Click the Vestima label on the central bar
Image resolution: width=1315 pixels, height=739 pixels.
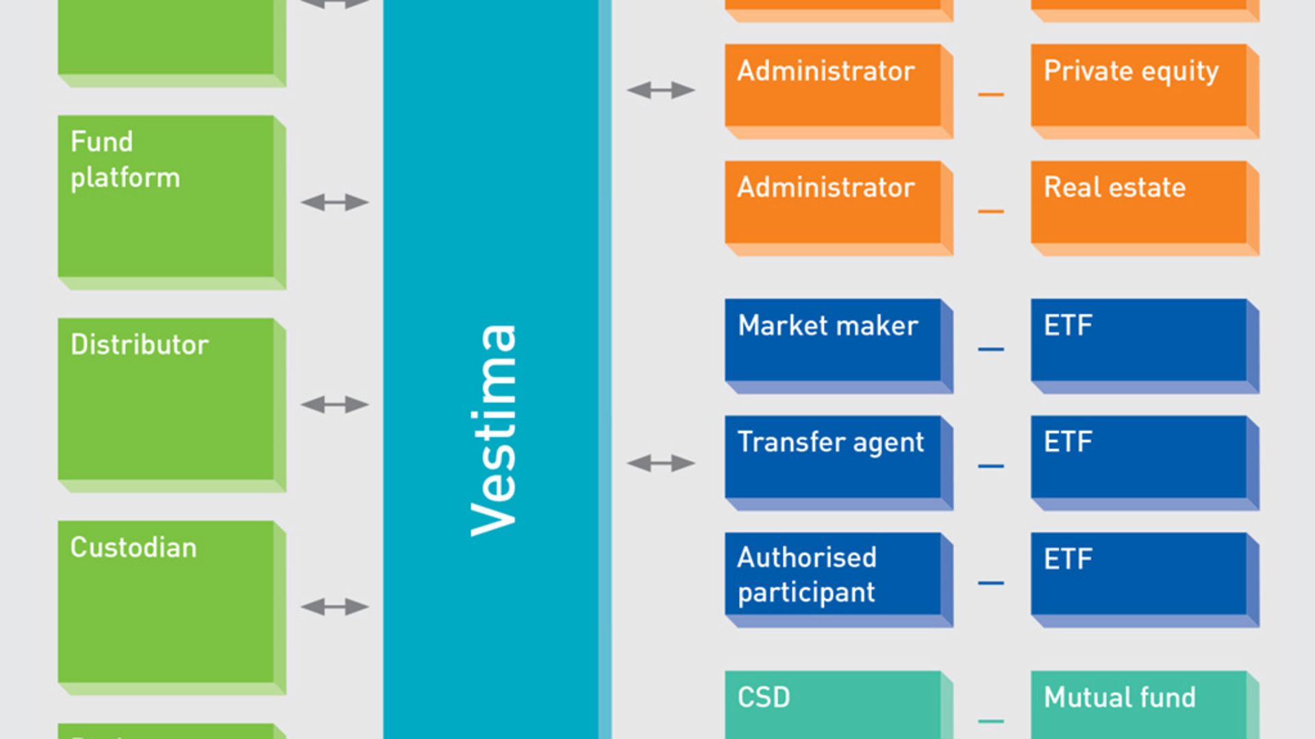click(493, 430)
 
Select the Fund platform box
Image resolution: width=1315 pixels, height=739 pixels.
click(166, 196)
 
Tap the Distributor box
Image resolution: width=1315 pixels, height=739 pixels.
click(166, 399)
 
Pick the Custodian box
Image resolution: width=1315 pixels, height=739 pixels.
click(166, 601)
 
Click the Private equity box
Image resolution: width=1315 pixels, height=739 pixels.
click(1138, 86)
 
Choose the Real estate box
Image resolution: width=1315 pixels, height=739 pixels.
click(1138, 203)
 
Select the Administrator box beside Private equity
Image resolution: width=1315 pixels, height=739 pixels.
click(833, 86)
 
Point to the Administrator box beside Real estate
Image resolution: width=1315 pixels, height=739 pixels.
click(833, 203)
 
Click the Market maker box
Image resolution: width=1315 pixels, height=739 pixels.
click(833, 340)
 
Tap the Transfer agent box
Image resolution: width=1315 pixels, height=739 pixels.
click(833, 457)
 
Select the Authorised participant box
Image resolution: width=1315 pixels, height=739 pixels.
click(833, 574)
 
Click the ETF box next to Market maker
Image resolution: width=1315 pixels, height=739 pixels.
click(1138, 340)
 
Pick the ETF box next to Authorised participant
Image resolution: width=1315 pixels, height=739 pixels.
click(1138, 574)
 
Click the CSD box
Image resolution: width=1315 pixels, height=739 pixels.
click(833, 705)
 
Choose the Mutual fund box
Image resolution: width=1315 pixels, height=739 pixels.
click(1138, 705)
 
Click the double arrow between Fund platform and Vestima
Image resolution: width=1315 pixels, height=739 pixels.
click(334, 203)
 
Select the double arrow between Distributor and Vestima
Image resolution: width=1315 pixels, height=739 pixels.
click(334, 405)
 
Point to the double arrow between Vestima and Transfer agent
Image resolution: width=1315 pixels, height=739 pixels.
click(661, 464)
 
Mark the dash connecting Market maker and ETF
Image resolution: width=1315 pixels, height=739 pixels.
click(990, 349)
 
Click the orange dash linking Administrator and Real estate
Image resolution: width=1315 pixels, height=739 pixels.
click(990, 211)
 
